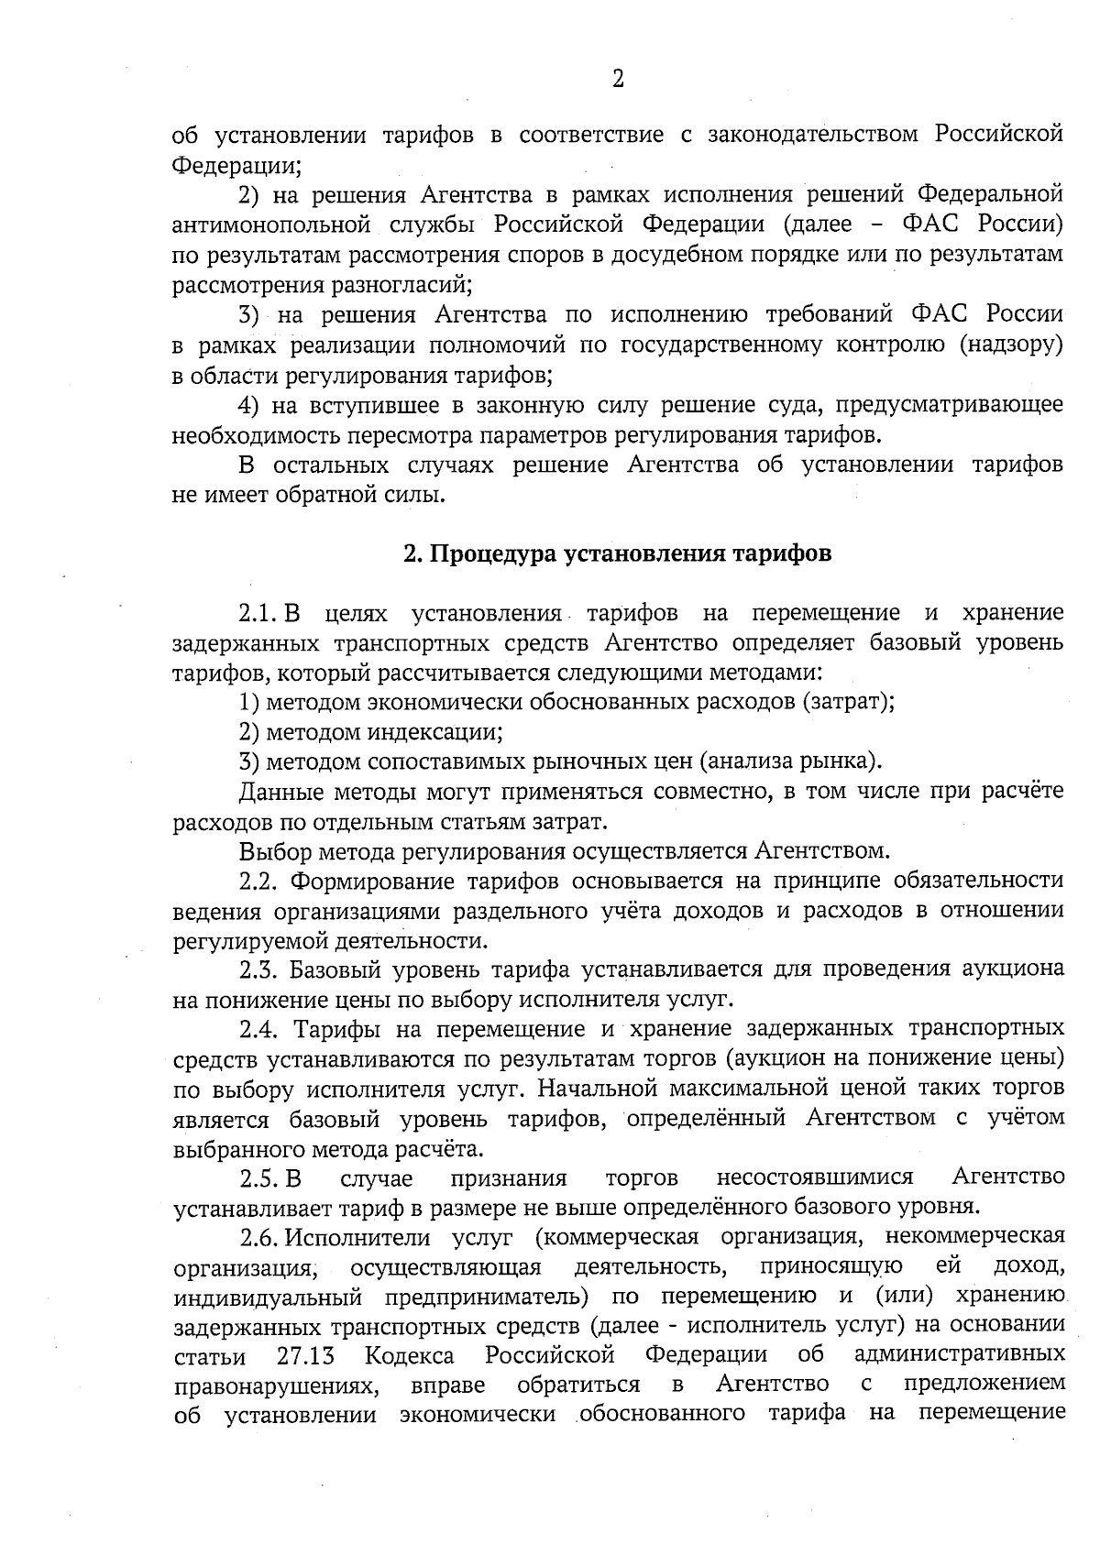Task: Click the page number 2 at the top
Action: [x=617, y=79]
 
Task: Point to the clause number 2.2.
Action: [x=259, y=882]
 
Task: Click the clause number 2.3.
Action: [x=259, y=970]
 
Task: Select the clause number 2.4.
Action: [x=259, y=1030]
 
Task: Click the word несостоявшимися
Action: [x=815, y=1177]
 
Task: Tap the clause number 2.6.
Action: [x=259, y=1238]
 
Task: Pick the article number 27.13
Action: [x=306, y=1355]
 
